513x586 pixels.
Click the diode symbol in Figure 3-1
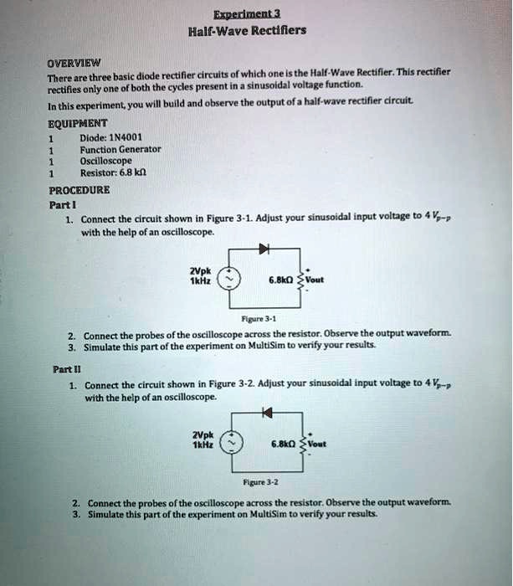click(264, 249)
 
